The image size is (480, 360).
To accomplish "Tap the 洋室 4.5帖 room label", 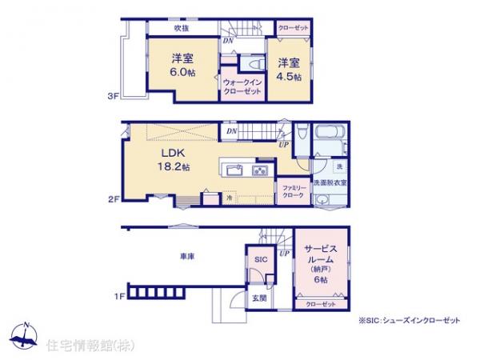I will (x=290, y=69).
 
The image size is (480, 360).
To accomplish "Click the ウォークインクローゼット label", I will (x=242, y=86).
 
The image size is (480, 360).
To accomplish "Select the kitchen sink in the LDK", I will (x=234, y=170).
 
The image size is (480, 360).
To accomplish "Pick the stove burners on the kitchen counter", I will (x=261, y=170).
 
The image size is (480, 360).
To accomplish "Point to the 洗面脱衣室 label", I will (x=330, y=183).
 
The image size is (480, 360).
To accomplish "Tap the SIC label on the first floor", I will (x=261, y=260).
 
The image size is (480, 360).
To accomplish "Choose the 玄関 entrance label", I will (x=261, y=298).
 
